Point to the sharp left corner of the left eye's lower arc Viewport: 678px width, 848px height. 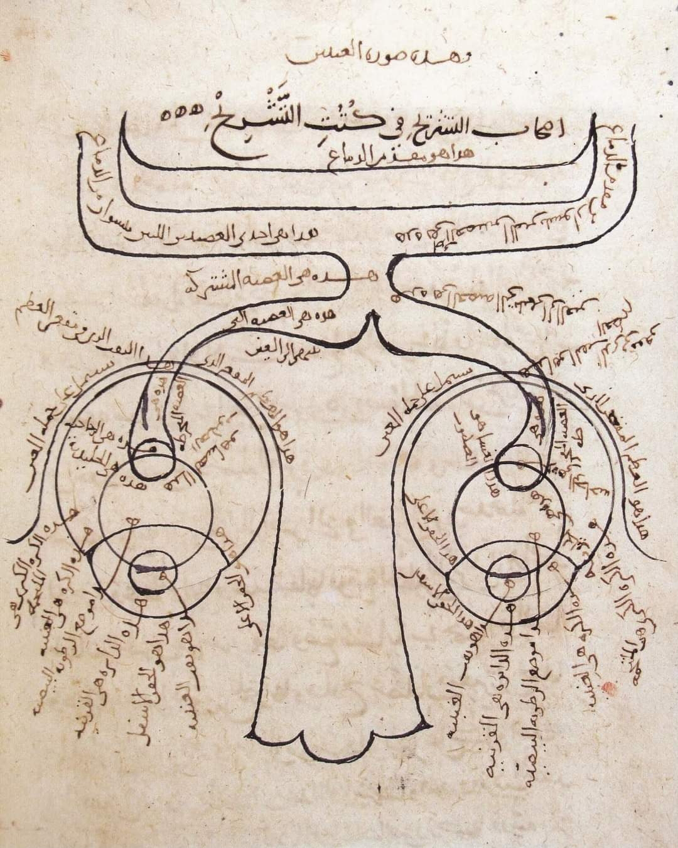click(89, 548)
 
